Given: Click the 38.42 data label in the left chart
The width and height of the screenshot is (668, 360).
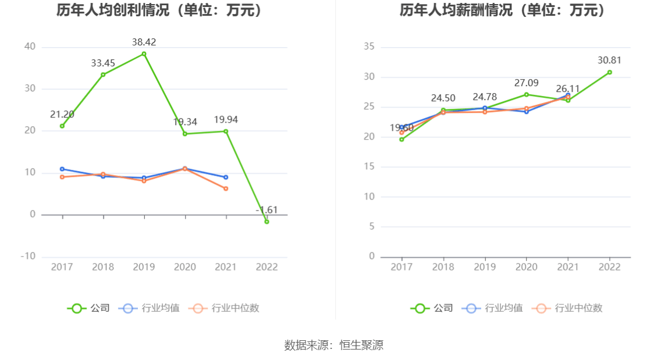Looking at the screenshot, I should point(144,42).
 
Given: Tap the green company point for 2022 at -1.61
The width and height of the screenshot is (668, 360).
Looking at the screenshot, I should point(267,222).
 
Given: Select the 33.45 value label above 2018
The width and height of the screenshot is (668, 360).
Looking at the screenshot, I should point(103,63).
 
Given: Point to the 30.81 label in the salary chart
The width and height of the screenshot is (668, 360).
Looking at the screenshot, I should point(609,60).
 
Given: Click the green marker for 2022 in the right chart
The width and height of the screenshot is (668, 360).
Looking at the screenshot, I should point(609,72).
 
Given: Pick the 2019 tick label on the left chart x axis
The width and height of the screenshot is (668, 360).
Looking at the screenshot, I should point(144,267).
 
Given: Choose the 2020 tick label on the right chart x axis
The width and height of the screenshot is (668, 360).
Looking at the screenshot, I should point(526,267).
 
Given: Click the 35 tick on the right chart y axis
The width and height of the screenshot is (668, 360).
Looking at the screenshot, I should point(368,47).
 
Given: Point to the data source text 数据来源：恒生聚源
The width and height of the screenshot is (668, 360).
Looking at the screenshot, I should point(334,345).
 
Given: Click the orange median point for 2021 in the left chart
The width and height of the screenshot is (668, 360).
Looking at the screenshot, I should point(226,188).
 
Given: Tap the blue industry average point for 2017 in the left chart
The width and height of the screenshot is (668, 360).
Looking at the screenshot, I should point(62,169).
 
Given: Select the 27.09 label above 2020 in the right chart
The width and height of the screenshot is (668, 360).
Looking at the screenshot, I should point(526,83).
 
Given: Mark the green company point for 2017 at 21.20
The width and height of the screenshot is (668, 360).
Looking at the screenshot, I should point(62,126).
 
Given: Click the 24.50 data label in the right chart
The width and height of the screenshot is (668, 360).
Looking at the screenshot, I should point(443,98).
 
